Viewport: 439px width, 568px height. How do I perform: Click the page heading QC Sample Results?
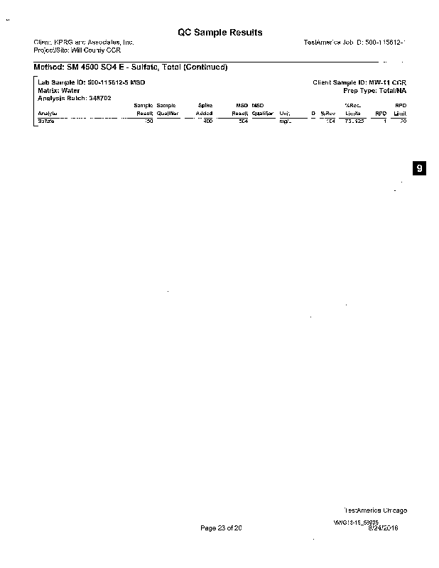220,33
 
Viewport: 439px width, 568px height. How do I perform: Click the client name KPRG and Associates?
84,43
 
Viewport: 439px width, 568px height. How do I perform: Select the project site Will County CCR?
78,50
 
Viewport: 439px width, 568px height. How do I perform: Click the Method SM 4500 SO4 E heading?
130,67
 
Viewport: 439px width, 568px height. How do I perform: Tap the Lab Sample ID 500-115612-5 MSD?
91,83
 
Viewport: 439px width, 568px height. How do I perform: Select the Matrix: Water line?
58,91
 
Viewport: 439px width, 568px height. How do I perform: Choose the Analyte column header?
48,113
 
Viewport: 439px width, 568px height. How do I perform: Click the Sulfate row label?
46,121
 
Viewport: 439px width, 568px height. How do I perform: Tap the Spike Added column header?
204,109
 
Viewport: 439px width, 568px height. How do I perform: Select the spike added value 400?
207,121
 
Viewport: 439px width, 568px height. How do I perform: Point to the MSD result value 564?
242,121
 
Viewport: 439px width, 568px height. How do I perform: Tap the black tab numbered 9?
420,168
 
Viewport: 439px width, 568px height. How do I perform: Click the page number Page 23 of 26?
222,528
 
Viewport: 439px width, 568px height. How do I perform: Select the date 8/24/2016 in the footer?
384,528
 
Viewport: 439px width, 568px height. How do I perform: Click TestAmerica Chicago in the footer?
375,510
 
